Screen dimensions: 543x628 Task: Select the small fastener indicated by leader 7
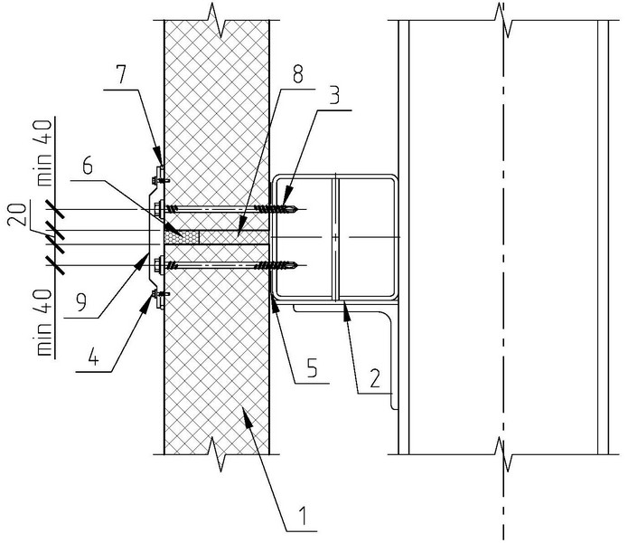pyautogui.click(x=159, y=171)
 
